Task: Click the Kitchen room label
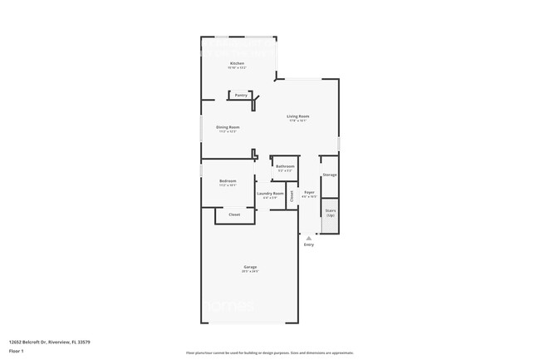[x=237, y=63]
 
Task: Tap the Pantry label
[x=241, y=95]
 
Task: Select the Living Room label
[x=298, y=116]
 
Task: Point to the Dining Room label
[x=228, y=126]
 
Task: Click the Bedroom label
[x=228, y=180]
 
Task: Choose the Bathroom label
[x=285, y=166]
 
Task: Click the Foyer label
[x=308, y=192]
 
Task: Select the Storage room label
[x=329, y=175]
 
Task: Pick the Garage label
[x=250, y=266]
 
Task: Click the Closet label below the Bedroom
[x=235, y=215]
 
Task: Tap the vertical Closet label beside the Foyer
[x=291, y=196]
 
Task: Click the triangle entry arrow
[x=309, y=238]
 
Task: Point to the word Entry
[x=309, y=244]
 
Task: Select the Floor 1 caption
[x=17, y=349]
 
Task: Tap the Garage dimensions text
[x=250, y=271]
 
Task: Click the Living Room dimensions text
[x=298, y=121]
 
